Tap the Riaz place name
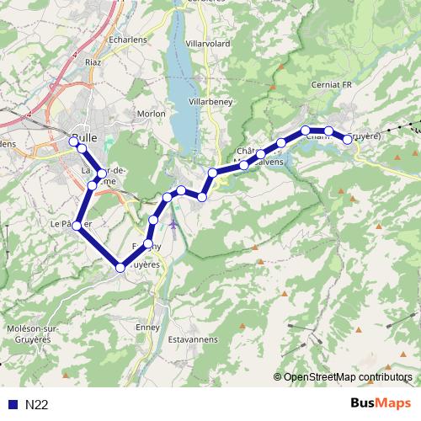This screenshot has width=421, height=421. (93, 61)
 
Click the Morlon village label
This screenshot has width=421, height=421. (151, 112)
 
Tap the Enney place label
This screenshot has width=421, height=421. (147, 327)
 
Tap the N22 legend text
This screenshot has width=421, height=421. (37, 404)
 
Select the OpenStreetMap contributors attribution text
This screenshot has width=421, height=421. (348, 377)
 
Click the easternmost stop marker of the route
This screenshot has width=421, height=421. (347, 139)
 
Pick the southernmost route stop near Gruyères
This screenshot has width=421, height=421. (120, 267)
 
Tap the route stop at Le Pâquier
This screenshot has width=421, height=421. (77, 225)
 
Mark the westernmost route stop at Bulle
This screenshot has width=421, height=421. (72, 141)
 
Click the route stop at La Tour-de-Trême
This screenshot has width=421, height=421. (101, 173)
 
